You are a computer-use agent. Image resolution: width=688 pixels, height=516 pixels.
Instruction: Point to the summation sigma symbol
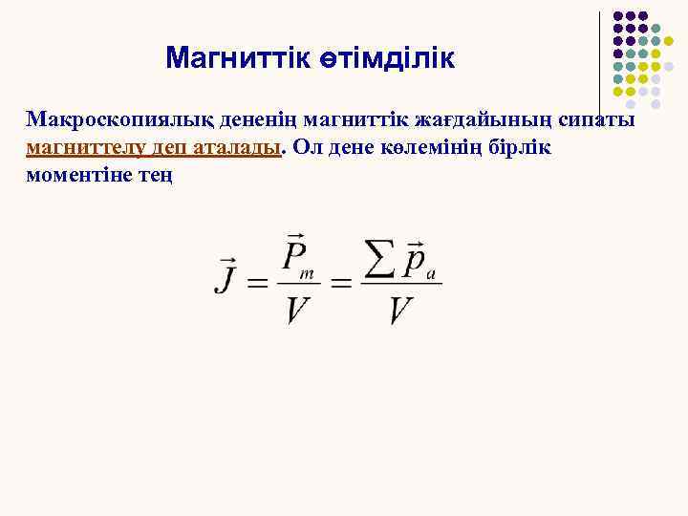(380, 259)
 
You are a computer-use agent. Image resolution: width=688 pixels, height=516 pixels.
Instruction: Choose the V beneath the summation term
(401, 310)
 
